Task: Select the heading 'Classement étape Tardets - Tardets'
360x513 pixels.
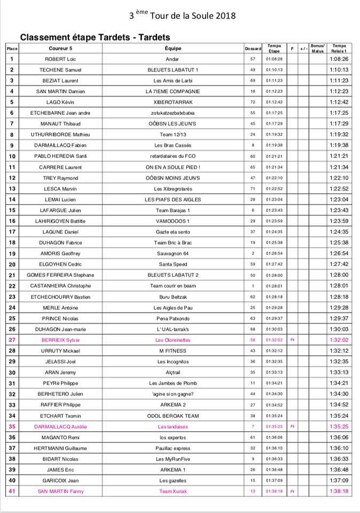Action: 95,37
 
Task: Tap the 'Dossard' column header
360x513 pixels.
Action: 253,49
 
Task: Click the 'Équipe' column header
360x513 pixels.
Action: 173,49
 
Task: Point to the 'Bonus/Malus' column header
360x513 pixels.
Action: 317,49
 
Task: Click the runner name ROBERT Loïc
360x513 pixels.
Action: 61,59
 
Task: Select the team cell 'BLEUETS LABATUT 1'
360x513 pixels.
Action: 173,70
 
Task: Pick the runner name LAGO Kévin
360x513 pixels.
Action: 61,102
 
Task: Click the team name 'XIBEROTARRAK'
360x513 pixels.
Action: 173,102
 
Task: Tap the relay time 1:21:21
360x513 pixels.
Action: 339,156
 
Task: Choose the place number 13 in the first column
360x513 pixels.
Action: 12,189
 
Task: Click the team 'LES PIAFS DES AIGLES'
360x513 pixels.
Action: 173,199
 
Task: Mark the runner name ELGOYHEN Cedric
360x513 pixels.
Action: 61,264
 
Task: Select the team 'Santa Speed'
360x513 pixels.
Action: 173,264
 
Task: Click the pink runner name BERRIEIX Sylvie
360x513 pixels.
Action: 61,340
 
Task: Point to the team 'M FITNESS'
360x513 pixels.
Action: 173,351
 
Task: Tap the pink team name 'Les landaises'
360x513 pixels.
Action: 173,426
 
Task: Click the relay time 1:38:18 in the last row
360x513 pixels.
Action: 339,491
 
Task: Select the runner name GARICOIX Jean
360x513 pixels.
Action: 61,480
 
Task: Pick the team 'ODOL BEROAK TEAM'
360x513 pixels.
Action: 173,415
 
